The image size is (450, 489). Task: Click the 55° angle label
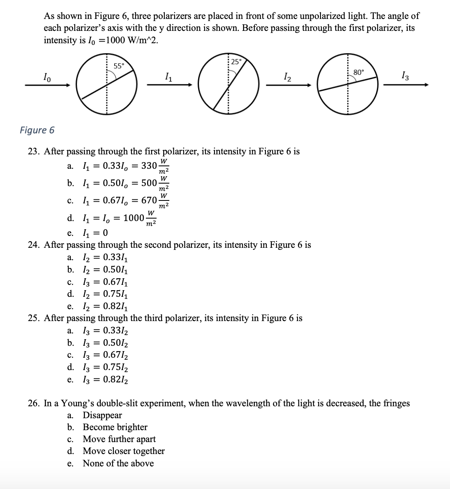118,66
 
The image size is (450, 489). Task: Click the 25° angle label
236,62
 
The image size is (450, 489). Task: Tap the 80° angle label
358,72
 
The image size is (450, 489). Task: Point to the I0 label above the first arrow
48,77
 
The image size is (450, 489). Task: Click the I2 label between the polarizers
287,77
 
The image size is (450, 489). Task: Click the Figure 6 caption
37,130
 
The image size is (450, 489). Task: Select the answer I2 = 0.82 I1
106,306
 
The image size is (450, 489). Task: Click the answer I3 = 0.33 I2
106,331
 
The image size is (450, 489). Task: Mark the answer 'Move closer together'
124,451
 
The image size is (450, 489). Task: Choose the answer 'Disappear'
102,415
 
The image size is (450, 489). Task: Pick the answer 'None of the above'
118,463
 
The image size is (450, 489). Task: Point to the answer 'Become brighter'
115,427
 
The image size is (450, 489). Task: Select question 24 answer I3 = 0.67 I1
106,282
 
